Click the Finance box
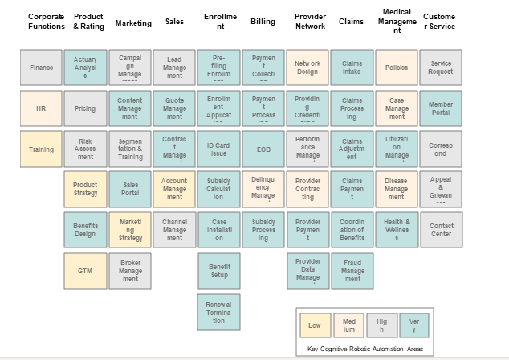(41, 67)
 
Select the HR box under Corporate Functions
(41, 108)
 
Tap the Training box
(41, 149)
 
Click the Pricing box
(85, 108)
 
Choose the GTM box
(85, 271)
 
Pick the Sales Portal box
(130, 190)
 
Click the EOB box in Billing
(263, 149)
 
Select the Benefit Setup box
(219, 271)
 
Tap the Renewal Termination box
(219, 312)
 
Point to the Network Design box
(307, 67)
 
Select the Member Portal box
(441, 108)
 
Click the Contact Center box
(441, 230)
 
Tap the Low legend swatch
(315, 326)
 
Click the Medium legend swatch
(348, 326)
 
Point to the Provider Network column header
(310, 22)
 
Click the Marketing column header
(133, 23)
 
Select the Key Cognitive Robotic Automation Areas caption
(364, 349)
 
